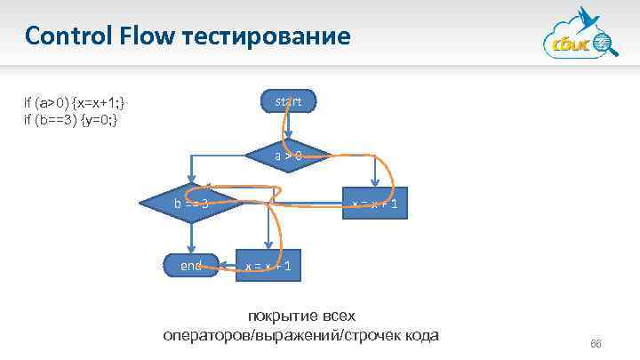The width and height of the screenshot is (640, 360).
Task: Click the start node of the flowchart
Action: point(287,102)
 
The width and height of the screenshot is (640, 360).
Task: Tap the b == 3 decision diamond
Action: point(191,204)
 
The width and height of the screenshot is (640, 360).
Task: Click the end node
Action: point(191,265)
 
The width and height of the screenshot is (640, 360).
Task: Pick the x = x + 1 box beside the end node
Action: point(268,266)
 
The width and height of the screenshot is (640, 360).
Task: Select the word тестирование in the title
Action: point(268,36)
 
